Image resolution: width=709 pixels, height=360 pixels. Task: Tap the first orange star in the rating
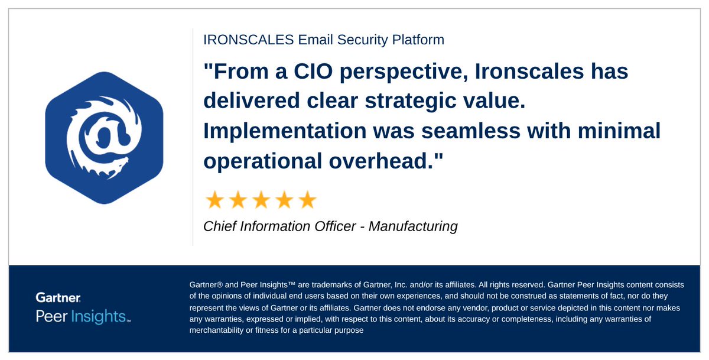click(x=214, y=200)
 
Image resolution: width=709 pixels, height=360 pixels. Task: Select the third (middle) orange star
click(x=261, y=200)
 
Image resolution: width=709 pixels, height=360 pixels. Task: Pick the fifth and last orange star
click(x=307, y=200)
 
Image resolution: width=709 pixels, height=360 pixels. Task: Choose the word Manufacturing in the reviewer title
click(x=413, y=226)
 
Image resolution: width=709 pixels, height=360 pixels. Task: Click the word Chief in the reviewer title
click(x=220, y=226)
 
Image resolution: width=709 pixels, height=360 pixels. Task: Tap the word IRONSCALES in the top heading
click(x=240, y=40)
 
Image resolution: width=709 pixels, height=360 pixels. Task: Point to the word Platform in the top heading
click(x=417, y=40)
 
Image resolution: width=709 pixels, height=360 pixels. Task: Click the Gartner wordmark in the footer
click(x=58, y=297)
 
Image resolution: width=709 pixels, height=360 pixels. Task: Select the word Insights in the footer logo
click(x=97, y=316)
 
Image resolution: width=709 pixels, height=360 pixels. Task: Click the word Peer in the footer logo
click(x=51, y=316)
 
